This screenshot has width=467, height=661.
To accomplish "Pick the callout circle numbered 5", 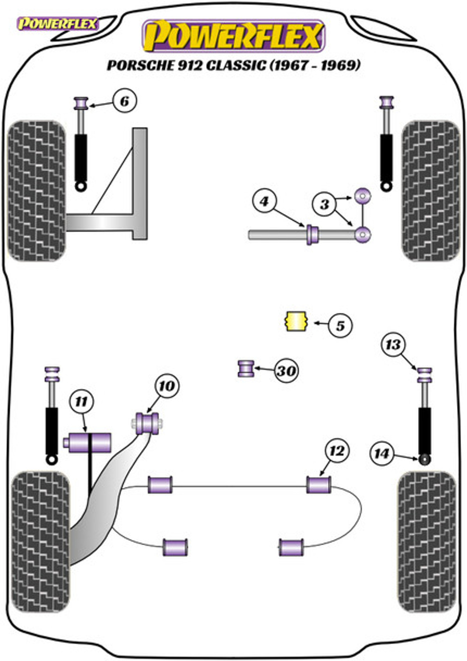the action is (x=340, y=326).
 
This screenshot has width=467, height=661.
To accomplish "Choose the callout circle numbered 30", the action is (x=286, y=370).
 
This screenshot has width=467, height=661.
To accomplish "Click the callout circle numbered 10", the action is (x=167, y=386).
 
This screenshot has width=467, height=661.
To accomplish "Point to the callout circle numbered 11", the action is (x=81, y=401).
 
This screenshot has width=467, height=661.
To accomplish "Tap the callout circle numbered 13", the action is (x=393, y=344).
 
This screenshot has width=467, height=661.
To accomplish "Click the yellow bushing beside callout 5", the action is (x=297, y=321).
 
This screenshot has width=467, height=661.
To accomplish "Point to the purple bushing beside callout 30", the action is (x=246, y=368).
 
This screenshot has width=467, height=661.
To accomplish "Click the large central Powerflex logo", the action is (x=233, y=36).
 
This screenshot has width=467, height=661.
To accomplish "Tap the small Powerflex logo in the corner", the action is (x=58, y=24).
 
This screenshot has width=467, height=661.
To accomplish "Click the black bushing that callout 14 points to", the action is (x=425, y=468).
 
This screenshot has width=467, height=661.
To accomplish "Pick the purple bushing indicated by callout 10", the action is (x=147, y=424).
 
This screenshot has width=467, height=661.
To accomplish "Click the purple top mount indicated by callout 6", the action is (x=81, y=103).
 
